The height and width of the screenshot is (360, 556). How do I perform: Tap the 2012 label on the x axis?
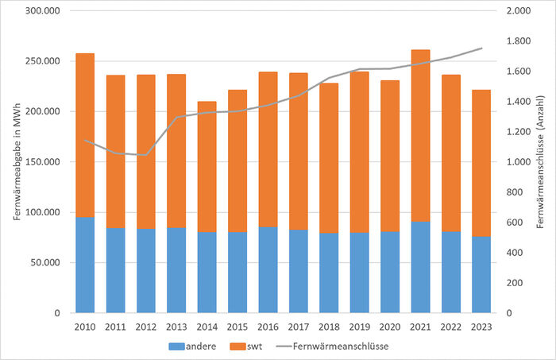pos(146,326)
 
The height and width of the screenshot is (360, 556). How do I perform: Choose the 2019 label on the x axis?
pos(360,326)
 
